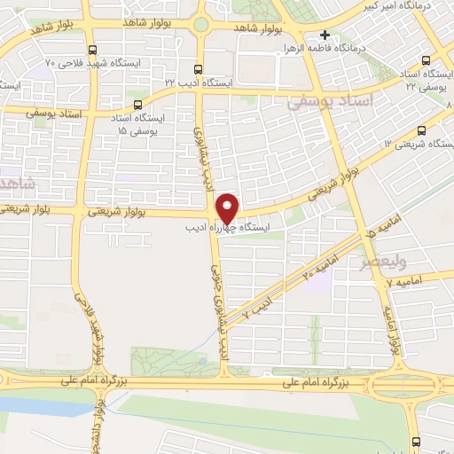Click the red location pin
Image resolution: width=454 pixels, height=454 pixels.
coord(228,207)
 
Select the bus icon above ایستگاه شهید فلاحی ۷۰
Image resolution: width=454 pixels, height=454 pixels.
coord(94,51)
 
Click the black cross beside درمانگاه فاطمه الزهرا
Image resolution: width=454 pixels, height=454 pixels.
coord(325,35)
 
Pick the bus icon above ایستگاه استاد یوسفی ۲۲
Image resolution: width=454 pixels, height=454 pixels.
coord(427,61)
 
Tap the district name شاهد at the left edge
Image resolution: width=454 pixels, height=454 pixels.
coord(16,184)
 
